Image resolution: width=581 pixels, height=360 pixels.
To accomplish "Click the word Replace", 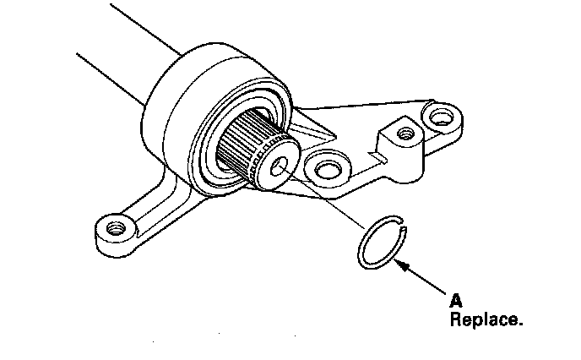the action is pyautogui.click(x=486, y=320).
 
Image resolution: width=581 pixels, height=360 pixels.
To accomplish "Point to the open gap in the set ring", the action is pyautogui.click(x=404, y=227).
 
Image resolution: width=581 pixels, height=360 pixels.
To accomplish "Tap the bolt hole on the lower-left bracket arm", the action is pyautogui.click(x=111, y=226).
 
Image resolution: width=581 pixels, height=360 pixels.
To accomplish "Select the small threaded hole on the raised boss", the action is pyautogui.click(x=405, y=133).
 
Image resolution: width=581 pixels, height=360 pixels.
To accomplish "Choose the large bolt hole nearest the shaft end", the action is pyautogui.click(x=323, y=169).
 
